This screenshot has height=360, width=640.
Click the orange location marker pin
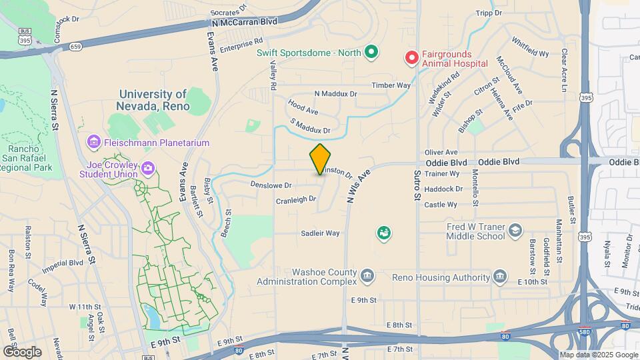click(x=320, y=159)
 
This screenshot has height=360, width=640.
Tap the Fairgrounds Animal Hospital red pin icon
click(x=412, y=58)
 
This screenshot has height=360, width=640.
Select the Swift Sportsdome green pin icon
click(x=371, y=52)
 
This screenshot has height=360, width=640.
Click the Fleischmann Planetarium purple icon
click(x=93, y=143)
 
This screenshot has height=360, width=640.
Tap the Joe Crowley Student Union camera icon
click(x=147, y=168)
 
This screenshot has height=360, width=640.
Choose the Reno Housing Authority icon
click(x=501, y=276)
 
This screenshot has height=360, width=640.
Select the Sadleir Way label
click(x=320, y=233)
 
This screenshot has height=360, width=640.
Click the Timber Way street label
click(x=391, y=85)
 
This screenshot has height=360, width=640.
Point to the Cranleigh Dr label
click(x=295, y=199)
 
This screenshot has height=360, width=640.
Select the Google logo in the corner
click(x=22, y=351)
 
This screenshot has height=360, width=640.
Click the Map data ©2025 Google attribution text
click(x=598, y=355)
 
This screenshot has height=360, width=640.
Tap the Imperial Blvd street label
click(x=62, y=263)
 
